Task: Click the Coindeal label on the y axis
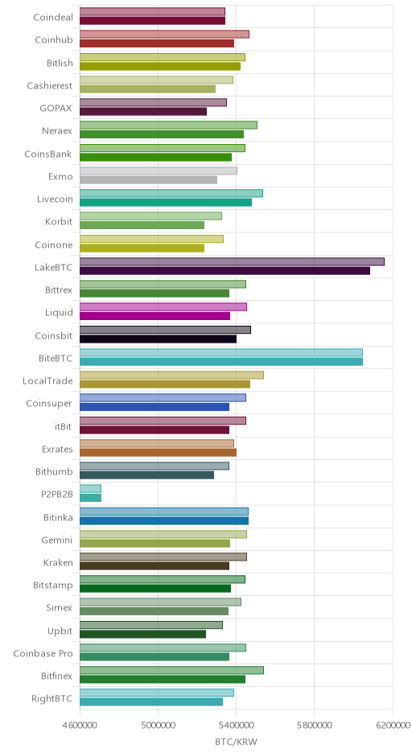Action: [53, 18]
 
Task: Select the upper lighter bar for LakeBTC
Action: [232, 262]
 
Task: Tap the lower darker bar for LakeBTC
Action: [225, 271]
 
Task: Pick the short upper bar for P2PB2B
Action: [90, 489]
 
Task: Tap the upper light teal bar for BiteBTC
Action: [221, 352]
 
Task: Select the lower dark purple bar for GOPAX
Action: [143, 112]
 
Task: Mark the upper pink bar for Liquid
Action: [163, 307]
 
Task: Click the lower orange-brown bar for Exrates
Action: [159, 453]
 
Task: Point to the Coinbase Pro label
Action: [43, 654]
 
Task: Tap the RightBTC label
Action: [52, 699]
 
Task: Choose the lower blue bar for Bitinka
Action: [164, 521]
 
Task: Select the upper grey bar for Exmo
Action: [159, 171]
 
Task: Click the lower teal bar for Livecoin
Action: [166, 203]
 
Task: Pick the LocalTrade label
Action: [47, 381]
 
